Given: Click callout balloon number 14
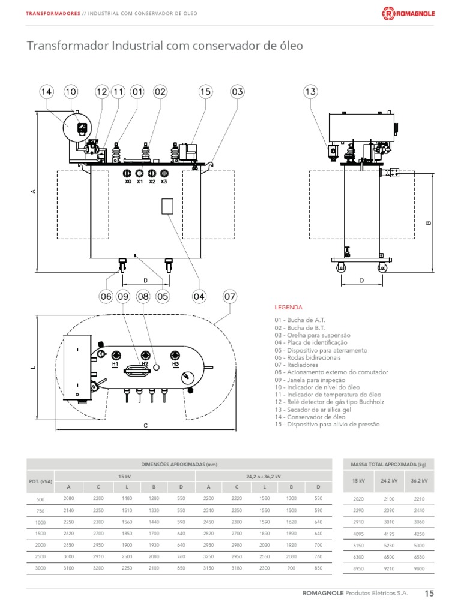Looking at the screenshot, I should click(x=47, y=92).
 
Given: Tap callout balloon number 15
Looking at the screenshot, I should click(x=206, y=92).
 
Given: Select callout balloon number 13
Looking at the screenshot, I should click(x=310, y=92).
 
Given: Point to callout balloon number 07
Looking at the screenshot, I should click(x=230, y=296).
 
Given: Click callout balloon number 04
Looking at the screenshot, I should click(x=199, y=296).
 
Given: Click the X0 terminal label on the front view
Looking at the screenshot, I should click(x=128, y=181).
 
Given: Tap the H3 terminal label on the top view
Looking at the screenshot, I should click(x=175, y=364).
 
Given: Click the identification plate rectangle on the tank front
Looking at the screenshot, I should click(x=168, y=206).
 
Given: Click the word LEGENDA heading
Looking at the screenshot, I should click(x=288, y=307).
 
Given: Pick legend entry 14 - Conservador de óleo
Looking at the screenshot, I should click(x=310, y=416).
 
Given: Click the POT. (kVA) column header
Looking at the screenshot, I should click(x=40, y=481).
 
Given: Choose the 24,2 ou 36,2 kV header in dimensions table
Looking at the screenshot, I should click(x=264, y=475).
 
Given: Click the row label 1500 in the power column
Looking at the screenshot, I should click(x=40, y=533).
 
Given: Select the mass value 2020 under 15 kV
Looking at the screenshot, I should click(x=358, y=499).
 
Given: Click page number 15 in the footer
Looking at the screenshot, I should click(x=429, y=594).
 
